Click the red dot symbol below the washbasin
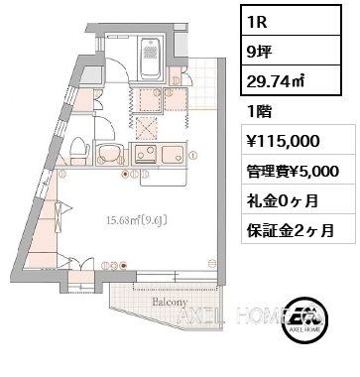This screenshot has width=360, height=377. [x=124, y=175]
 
